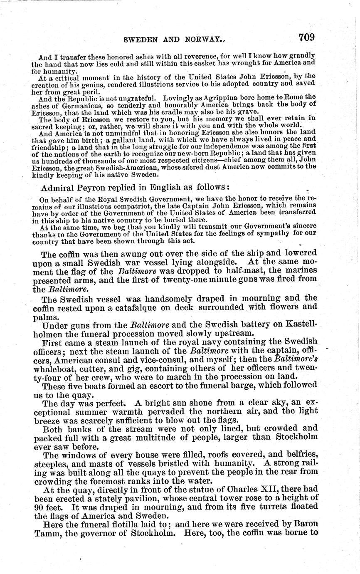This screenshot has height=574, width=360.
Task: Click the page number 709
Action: (306, 37)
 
